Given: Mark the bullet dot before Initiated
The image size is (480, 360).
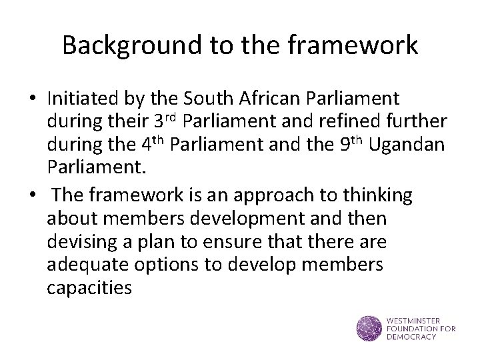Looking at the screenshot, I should tap(31, 99).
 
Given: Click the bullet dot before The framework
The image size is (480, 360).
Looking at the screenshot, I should tap(31, 196).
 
